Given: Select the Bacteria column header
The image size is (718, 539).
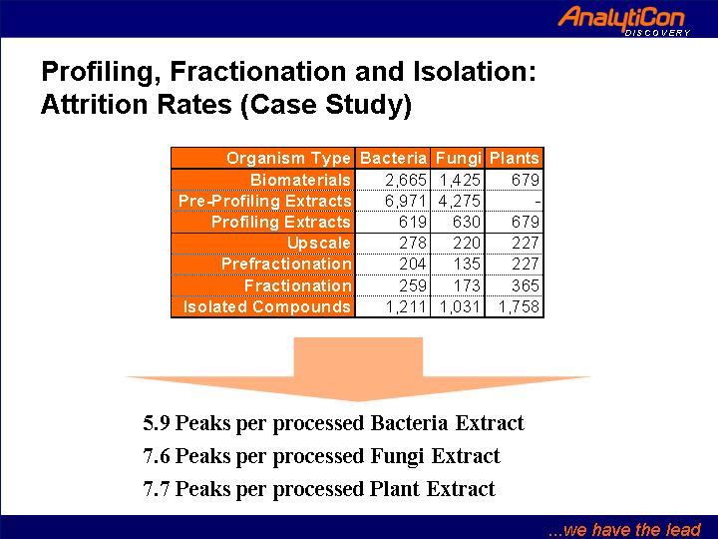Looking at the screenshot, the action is click(393, 158).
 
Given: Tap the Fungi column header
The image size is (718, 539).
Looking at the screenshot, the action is click(458, 158).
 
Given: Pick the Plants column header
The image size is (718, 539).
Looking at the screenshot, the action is click(514, 158).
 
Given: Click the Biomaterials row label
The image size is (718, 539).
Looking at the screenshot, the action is click(300, 180).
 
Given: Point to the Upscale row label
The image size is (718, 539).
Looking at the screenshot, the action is click(319, 243).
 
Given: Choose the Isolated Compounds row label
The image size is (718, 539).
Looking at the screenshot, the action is click(267, 306).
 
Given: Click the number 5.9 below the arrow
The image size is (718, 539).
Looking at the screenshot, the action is click(157, 423).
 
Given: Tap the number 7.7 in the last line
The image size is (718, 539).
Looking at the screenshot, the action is click(157, 489).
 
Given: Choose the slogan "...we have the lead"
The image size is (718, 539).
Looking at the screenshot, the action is click(624, 529).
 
